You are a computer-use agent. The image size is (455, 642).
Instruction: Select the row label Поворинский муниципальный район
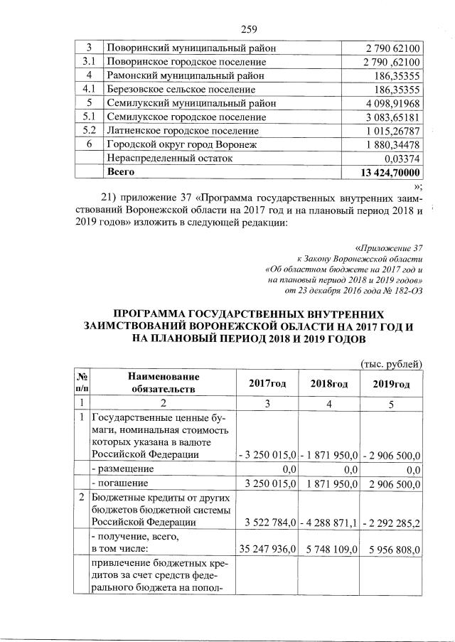pos(191,48)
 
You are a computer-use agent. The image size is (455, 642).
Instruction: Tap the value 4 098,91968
pos(391,104)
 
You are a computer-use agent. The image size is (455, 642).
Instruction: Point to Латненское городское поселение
pos(178,131)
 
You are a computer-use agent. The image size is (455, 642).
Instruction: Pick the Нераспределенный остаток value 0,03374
pos(402,159)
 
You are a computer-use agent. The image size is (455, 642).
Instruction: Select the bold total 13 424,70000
pos(390,173)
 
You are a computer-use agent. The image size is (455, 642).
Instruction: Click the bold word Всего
pos(120,172)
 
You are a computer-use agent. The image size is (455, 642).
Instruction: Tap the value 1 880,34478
pos(391,145)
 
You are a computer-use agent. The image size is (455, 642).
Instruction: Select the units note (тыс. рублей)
pos(392,363)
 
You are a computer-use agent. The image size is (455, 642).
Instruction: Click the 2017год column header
pos(267,383)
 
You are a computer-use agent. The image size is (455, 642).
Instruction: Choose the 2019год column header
pos(391,383)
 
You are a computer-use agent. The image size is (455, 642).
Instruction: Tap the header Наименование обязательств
pos(163,382)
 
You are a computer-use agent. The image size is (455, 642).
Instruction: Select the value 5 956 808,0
pos(392,550)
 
